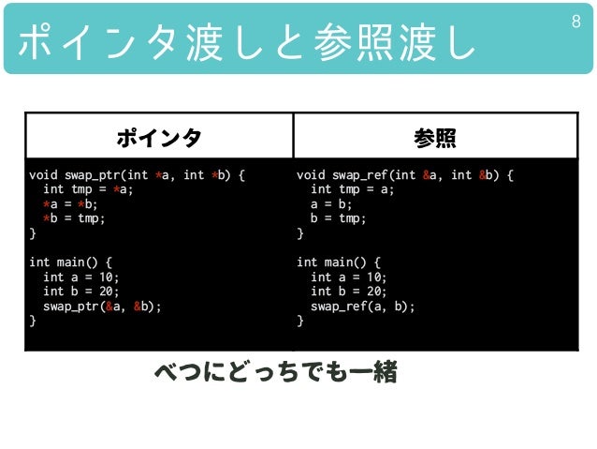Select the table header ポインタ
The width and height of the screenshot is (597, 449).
[158, 138]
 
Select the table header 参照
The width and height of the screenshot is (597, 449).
[435, 138]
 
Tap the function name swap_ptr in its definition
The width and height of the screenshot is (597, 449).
[94, 175]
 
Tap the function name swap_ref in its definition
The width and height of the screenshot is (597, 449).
[361, 175]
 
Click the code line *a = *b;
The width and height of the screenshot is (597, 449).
[70, 204]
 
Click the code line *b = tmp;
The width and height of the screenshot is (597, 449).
[74, 218]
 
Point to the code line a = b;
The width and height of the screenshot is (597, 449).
[333, 204]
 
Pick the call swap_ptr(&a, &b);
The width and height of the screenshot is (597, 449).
[102, 307]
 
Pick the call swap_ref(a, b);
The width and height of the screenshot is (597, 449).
[362, 307]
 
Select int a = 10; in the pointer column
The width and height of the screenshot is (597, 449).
[80, 277]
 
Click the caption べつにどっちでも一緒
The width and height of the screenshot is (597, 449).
[276, 373]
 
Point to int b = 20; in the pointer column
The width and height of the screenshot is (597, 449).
[80, 292]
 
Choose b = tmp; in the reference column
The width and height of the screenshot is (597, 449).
[337, 218]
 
